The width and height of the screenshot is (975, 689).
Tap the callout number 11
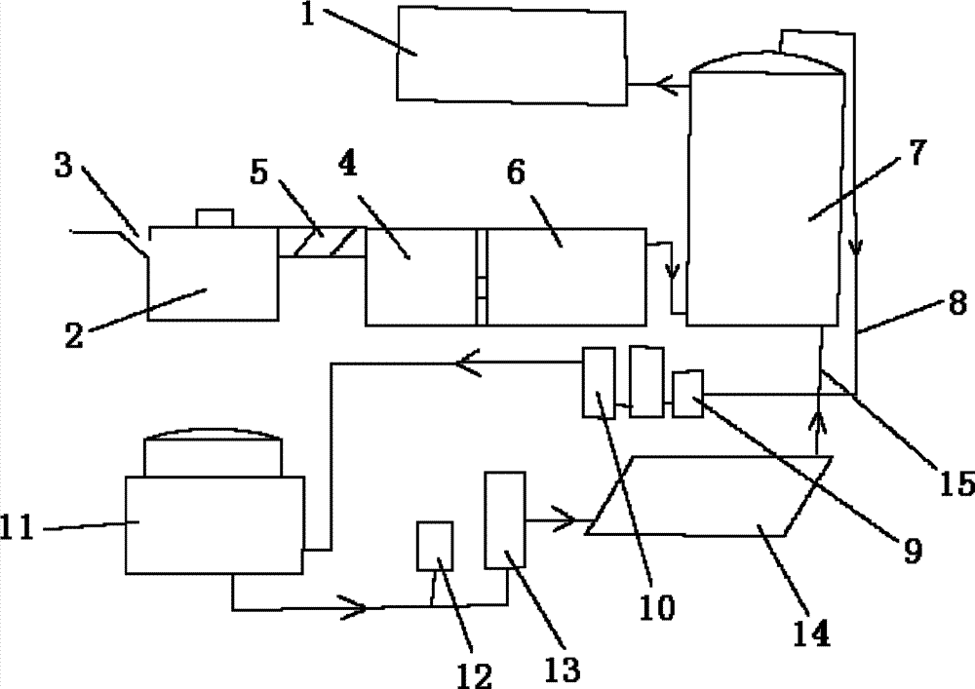click(x=19, y=528)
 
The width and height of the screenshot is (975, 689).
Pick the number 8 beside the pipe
click(x=956, y=302)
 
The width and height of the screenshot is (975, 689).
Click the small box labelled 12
click(x=435, y=546)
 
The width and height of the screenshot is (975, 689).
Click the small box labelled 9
click(x=688, y=394)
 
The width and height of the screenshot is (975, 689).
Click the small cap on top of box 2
click(x=212, y=216)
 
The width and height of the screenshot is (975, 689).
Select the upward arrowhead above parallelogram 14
click(x=816, y=422)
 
